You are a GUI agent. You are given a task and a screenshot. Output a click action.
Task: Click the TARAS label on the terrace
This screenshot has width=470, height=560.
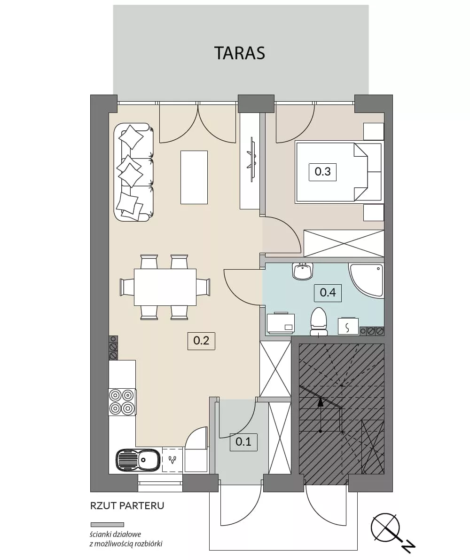coord(239,53)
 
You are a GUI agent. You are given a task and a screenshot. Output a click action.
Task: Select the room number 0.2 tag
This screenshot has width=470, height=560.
coord(201,340)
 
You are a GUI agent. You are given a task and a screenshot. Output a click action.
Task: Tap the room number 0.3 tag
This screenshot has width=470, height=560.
coord(322,171)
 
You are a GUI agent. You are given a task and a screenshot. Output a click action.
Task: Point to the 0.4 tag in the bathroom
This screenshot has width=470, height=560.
coord(328,293)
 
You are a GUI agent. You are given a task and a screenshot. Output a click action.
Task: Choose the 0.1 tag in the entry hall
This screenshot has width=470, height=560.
coord(243,442)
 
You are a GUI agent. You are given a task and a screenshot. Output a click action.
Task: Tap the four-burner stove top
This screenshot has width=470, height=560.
coord(122,401)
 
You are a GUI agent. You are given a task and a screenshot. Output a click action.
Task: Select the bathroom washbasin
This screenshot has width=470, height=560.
coord(302,271)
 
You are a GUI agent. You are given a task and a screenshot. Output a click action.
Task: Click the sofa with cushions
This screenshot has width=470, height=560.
coord(133,172)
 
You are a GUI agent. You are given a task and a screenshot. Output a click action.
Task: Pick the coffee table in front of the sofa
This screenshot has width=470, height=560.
coord(194,177)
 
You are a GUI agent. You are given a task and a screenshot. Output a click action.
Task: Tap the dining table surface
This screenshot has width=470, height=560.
coord(165,287)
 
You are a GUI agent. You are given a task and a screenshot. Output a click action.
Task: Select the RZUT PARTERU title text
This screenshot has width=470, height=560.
coord(127,506)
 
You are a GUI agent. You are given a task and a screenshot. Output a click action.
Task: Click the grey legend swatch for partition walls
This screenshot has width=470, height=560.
coord(107,525)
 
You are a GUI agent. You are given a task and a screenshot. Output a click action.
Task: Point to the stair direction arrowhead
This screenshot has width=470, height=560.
coord(320,402)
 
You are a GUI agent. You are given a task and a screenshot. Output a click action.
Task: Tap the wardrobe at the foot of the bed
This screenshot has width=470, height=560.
coord(344,243)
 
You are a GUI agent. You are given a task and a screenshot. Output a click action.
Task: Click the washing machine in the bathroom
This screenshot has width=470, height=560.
coord(281,323)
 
